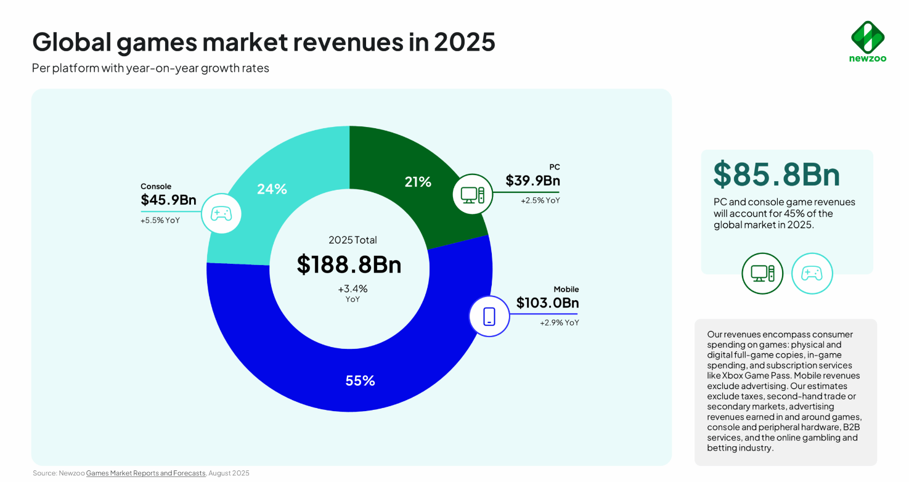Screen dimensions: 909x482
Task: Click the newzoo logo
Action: [868, 42]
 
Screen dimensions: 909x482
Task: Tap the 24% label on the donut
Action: [272, 189]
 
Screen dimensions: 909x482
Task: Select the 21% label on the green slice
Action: [418, 182]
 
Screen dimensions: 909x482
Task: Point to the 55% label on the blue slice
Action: [360, 380]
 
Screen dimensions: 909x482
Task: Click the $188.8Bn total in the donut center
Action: [349, 264]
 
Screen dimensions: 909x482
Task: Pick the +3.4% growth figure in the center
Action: [353, 289]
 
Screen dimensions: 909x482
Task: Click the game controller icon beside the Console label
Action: [221, 213]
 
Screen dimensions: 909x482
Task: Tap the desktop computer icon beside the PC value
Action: [472, 194]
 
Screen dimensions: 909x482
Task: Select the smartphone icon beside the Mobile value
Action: [489, 316]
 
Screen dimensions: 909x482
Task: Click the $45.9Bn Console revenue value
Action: [168, 200]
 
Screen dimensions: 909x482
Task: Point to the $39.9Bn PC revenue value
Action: [532, 181]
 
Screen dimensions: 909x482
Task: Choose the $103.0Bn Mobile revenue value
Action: [547, 303]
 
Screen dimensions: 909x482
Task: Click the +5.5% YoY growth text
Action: [160, 220]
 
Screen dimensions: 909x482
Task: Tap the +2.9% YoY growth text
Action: [559, 322]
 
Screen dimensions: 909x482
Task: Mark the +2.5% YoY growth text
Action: [540, 200]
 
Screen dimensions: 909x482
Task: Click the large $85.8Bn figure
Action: [777, 174]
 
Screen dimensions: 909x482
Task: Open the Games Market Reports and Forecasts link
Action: [145, 473]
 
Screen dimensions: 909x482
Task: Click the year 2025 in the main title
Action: [465, 42]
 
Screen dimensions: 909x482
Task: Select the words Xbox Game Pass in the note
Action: [749, 376]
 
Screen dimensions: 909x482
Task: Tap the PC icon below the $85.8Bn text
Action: [762, 274]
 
